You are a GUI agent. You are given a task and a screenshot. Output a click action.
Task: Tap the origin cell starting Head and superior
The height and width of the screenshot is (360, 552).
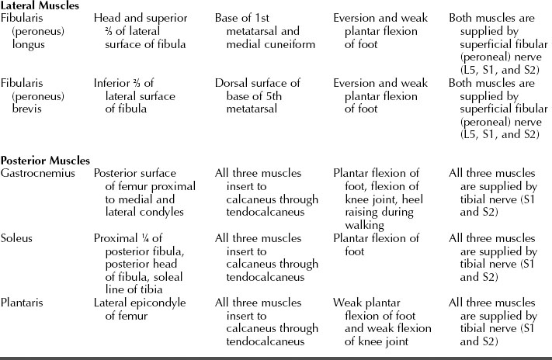point(140,31)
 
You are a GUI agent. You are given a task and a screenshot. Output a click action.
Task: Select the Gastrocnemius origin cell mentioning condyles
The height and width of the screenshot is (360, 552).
point(140,192)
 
